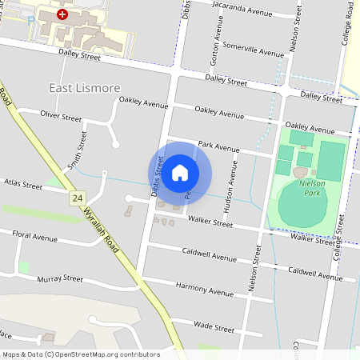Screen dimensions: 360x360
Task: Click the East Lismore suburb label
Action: pyautogui.click(x=85, y=87)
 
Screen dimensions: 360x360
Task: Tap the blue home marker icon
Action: pyautogui.click(x=180, y=172)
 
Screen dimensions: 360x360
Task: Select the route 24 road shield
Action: pyautogui.click(x=77, y=198)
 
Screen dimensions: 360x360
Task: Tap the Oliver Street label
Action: pyautogui.click(x=61, y=117)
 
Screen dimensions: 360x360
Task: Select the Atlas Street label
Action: pyautogui.click(x=22, y=185)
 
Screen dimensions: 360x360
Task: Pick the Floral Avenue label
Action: pyautogui.click(x=34, y=238)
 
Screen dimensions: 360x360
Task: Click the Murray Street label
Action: pyautogui.click(x=60, y=279)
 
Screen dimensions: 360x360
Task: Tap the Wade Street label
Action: pyautogui.click(x=214, y=328)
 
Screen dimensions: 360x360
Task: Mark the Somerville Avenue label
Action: pyautogui.click(x=254, y=50)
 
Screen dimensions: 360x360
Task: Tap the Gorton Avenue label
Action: pyautogui.click(x=214, y=50)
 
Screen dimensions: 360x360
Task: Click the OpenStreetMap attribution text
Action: pyautogui.click(x=81, y=354)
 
